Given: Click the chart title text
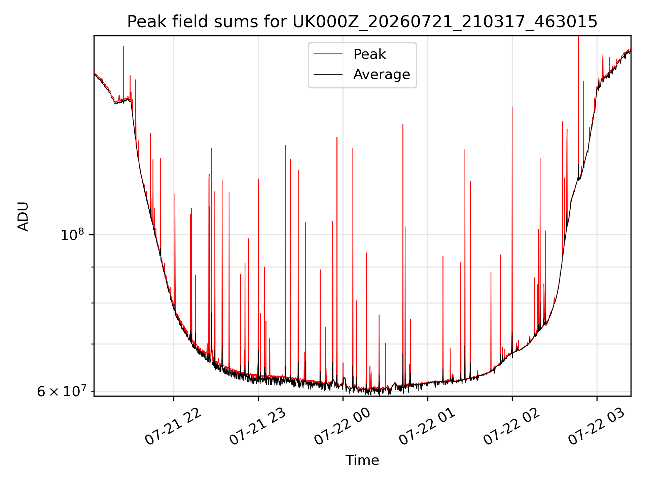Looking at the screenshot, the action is pyautogui.click(x=362, y=22).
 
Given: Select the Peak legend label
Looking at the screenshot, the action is pyautogui.click(x=369, y=54).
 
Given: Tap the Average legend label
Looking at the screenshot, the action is pyautogui.click(x=382, y=74).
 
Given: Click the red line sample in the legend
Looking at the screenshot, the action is pyautogui.click(x=328, y=54).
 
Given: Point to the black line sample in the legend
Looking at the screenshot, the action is pyautogui.click(x=328, y=74).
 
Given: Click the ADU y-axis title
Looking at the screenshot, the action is pyautogui.click(x=23, y=216).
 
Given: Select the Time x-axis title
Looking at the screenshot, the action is pyautogui.click(x=362, y=460).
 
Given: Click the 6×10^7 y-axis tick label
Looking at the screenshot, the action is pyautogui.click(x=62, y=391).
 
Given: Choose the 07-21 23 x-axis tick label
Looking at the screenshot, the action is pyautogui.click(x=258, y=427).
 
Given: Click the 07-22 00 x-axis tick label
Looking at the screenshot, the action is pyautogui.click(x=343, y=427).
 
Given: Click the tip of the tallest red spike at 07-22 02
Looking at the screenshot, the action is pyautogui.click(x=512, y=107).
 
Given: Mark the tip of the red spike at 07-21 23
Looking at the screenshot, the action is pyautogui.click(x=258, y=179).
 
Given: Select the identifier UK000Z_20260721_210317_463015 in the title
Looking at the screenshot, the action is pyautogui.click(x=445, y=22).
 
